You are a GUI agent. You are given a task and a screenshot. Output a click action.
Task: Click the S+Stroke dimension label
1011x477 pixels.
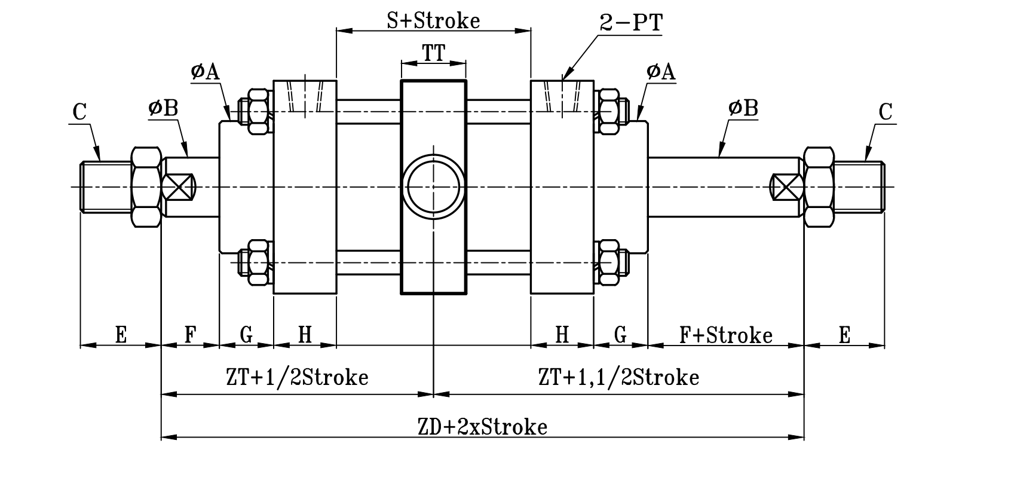[433, 20]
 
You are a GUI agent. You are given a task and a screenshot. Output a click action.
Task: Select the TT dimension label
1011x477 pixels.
[434, 53]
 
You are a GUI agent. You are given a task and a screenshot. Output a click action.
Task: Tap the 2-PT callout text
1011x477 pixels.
[631, 23]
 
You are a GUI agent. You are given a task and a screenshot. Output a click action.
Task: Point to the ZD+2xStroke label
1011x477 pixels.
[482, 427]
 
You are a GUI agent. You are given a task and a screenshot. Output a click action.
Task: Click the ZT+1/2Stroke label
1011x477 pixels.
[297, 377]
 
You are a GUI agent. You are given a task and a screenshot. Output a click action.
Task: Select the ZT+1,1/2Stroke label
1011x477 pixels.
[618, 377]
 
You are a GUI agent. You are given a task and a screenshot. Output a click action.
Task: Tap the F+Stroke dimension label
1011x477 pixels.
[725, 335]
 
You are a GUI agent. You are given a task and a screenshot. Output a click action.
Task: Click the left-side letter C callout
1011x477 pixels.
[79, 112]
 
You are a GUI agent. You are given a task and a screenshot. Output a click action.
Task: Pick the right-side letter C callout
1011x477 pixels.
[886, 112]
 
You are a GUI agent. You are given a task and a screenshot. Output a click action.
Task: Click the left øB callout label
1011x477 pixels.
[163, 108]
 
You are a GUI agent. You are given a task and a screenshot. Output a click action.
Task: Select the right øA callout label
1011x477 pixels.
[660, 72]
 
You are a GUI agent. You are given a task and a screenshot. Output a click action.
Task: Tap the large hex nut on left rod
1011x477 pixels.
[146, 186]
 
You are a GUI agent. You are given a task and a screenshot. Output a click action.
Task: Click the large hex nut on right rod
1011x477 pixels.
[819, 186]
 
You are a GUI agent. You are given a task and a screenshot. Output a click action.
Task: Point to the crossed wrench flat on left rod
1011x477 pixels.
[179, 186]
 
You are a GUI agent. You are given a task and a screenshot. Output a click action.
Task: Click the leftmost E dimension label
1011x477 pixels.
[121, 335]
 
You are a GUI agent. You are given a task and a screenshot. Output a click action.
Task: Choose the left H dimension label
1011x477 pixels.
[305, 335]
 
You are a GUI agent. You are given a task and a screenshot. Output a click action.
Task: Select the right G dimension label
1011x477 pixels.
[621, 335]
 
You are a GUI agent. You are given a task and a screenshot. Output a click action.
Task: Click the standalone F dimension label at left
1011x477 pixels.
[190, 335]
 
